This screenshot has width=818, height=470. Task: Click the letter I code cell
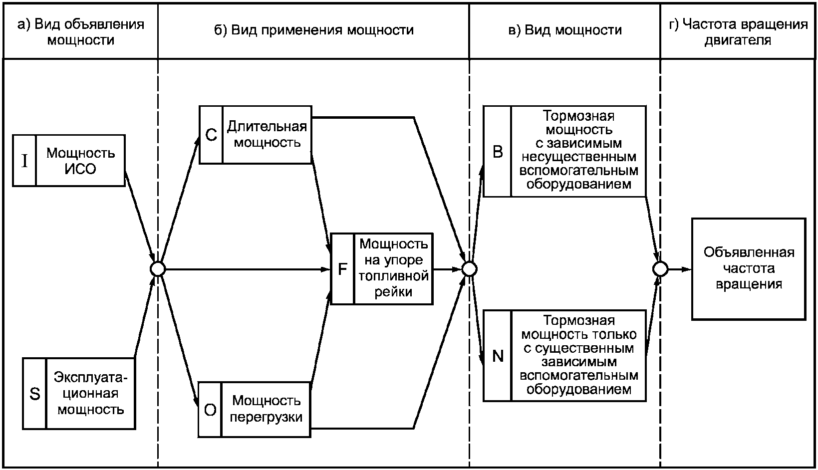tap(24, 161)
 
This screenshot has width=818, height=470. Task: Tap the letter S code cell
tap(35, 394)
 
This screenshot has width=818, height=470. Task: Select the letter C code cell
tap(211, 135)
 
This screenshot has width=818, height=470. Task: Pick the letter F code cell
tap(342, 269)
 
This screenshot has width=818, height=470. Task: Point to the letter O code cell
tap(210, 410)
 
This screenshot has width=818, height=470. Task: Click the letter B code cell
tap(498, 152)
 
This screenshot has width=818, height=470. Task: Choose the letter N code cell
tap(498, 356)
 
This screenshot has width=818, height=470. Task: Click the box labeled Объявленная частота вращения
tap(749, 269)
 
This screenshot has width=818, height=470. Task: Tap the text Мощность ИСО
tap(80, 161)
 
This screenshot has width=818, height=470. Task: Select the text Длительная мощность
tap(267, 134)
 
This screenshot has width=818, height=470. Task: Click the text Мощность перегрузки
tap(266, 409)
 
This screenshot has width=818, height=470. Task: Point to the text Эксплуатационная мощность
tap(90, 394)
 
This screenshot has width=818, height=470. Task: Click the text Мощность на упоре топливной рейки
tap(393, 268)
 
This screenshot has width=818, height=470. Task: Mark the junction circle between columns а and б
tap(158, 269)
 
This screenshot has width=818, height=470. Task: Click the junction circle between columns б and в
tap(469, 269)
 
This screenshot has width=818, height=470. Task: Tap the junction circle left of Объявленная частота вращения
tap(660, 269)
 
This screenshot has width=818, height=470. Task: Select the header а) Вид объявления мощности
tap(81, 32)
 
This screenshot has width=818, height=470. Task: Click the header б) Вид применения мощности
tap(314, 30)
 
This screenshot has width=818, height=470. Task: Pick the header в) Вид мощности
tap(565, 30)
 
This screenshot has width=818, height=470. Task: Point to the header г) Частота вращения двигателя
tap(738, 32)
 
